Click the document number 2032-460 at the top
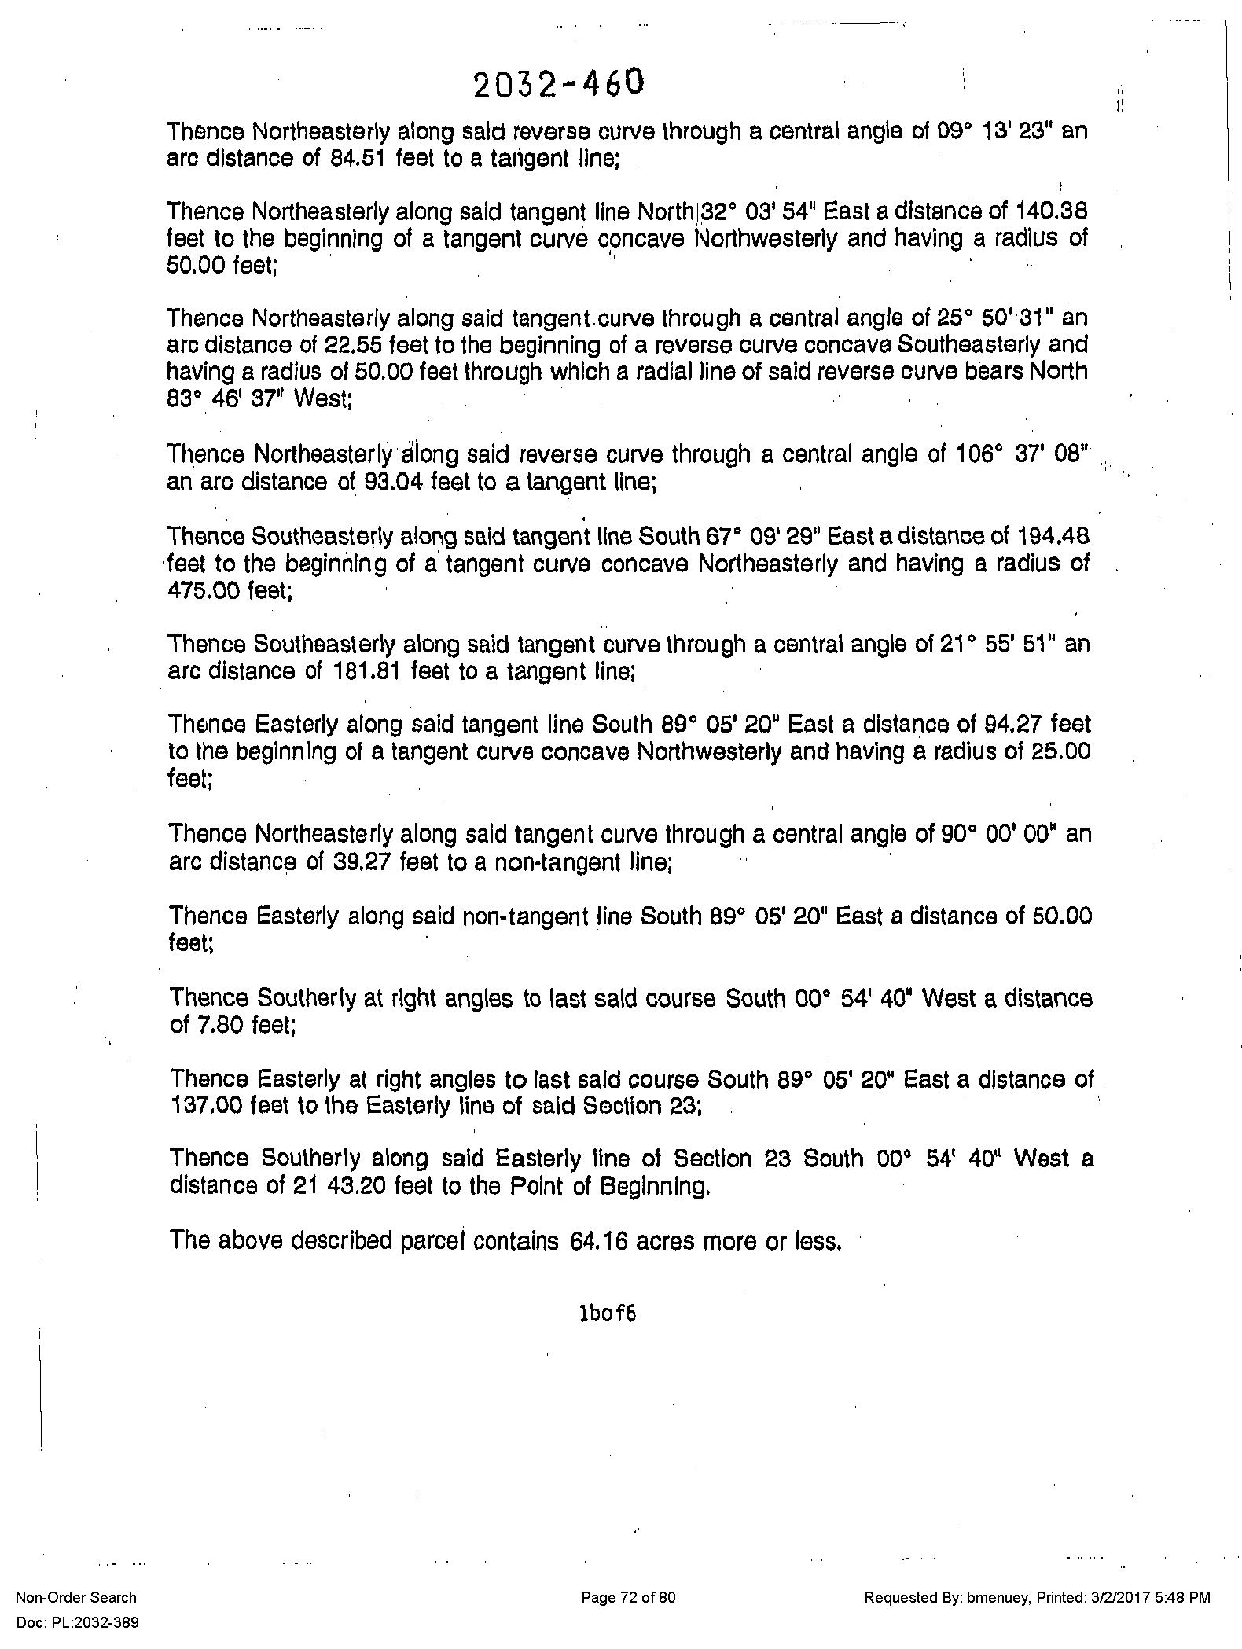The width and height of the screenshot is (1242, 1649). click(559, 84)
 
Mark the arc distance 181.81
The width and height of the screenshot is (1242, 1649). click(363, 671)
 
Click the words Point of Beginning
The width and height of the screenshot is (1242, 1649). click(608, 1185)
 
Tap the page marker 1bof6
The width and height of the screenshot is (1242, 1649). click(607, 1313)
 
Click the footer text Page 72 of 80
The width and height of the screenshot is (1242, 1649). click(628, 1597)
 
